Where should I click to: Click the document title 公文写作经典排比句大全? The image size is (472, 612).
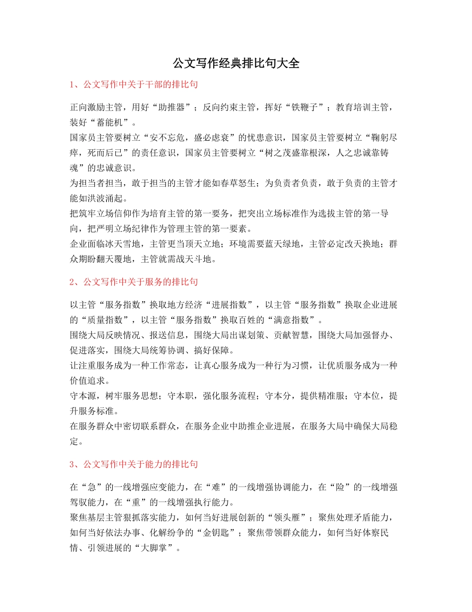(x=236, y=63)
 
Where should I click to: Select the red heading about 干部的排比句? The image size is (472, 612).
(x=134, y=85)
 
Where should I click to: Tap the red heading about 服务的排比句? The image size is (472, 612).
(x=134, y=282)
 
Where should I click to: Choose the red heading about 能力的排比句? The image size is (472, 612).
(x=134, y=464)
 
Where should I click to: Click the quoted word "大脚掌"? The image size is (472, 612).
(x=159, y=547)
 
